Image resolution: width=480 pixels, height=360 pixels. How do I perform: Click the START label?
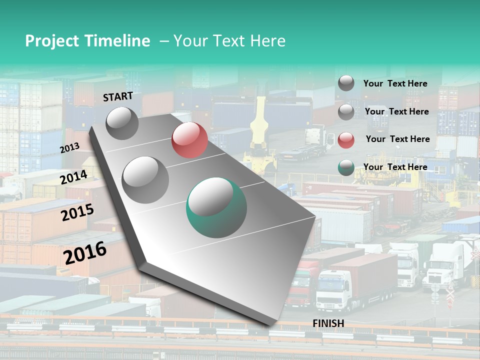pyautogui.click(x=118, y=96)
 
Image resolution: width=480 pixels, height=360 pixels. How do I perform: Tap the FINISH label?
pyautogui.click(x=328, y=323)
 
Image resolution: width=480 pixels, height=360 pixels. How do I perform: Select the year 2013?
pyautogui.click(x=69, y=148)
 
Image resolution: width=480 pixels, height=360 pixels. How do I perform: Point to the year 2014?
pyautogui.click(x=74, y=177)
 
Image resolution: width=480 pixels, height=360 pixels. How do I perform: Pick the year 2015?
pyautogui.click(x=77, y=212)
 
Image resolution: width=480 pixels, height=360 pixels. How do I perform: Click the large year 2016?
pyautogui.click(x=85, y=252)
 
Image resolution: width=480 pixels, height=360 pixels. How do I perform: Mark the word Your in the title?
pyautogui.click(x=190, y=41)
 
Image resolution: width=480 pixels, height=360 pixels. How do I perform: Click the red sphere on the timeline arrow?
pyautogui.click(x=189, y=139)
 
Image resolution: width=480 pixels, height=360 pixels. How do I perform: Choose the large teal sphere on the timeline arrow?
pyautogui.click(x=216, y=207)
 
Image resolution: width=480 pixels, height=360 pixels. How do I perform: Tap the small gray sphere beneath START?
pyautogui.click(x=122, y=123)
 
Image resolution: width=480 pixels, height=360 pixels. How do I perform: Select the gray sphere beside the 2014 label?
pyautogui.click(x=145, y=179)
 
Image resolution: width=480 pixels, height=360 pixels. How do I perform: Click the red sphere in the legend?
pyautogui.click(x=346, y=140)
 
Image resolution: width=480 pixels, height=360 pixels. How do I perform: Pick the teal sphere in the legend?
pyautogui.click(x=346, y=168)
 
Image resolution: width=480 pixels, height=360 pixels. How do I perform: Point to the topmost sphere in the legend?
pyautogui.click(x=346, y=83)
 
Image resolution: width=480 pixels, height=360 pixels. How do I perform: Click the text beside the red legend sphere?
pyautogui.click(x=397, y=139)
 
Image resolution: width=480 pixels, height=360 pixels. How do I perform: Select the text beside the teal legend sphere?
pyautogui.click(x=395, y=167)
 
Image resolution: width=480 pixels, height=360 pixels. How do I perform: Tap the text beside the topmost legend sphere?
pyautogui.click(x=395, y=83)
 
